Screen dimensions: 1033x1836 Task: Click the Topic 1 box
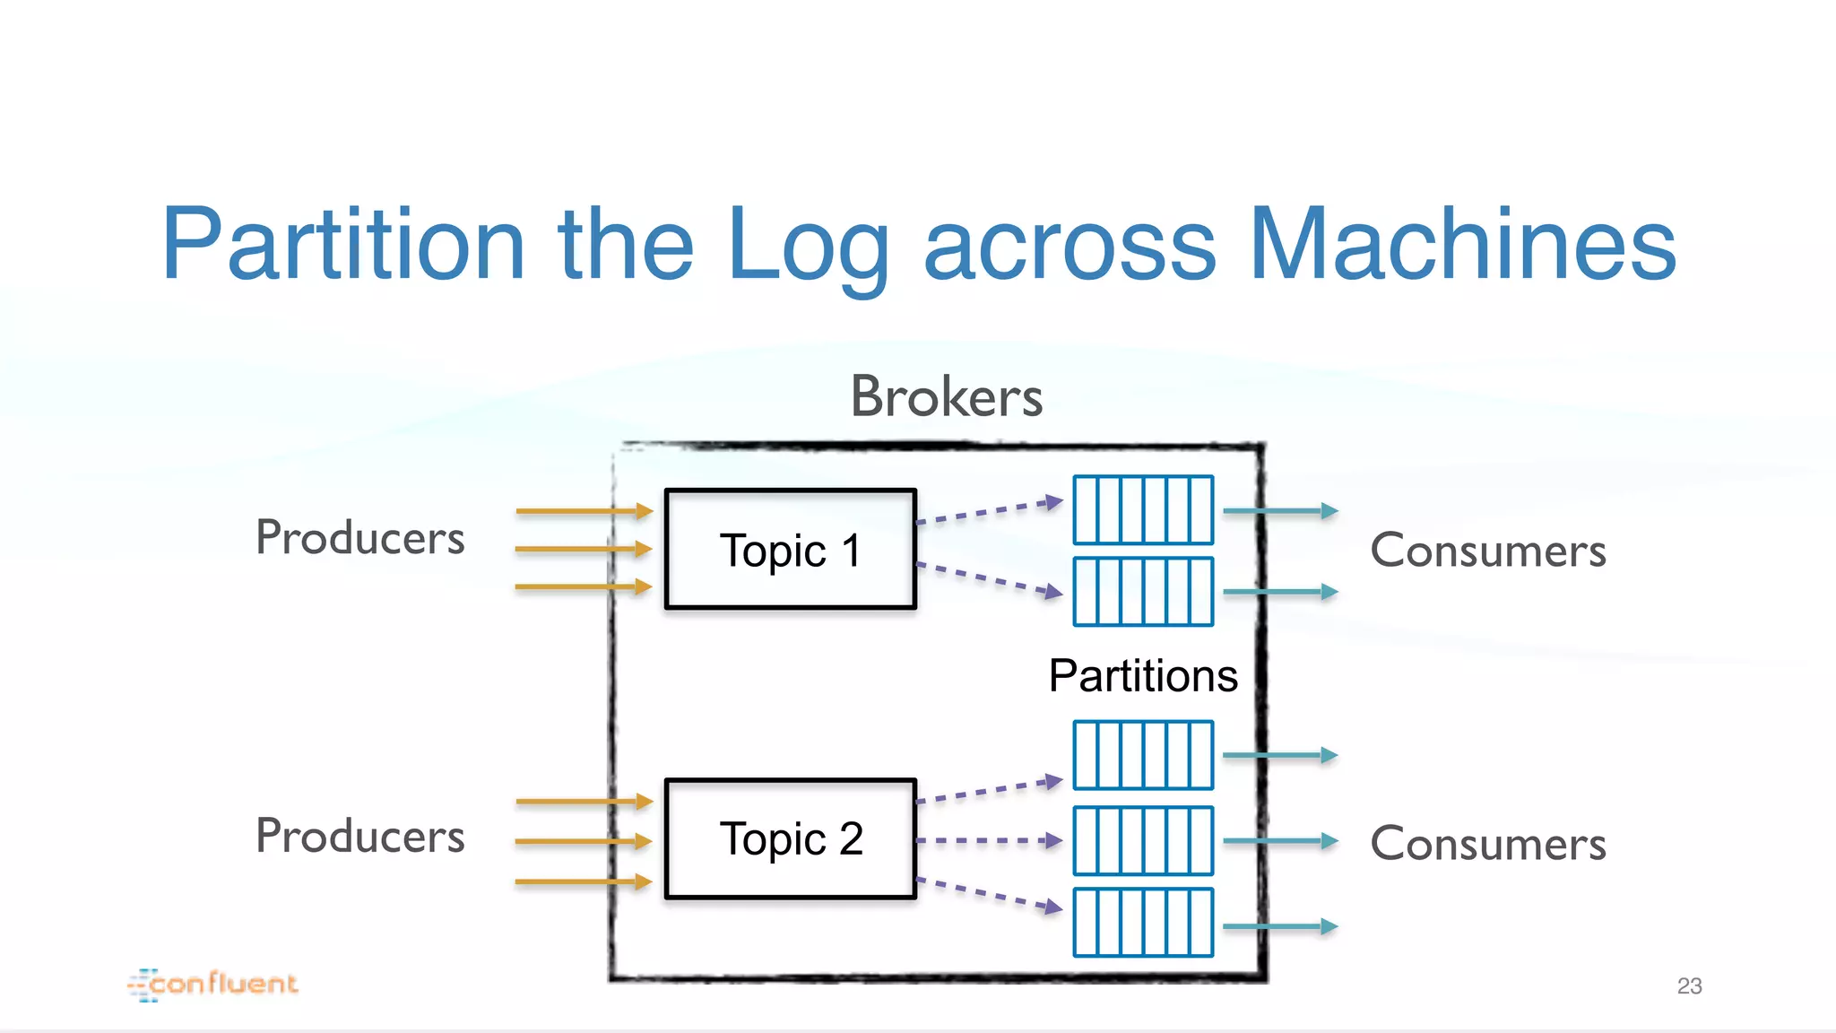pos(790,550)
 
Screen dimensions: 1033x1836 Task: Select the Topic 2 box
pos(790,839)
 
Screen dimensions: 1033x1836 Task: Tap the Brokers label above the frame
pos(946,396)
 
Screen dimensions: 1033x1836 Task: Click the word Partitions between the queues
pos(1143,675)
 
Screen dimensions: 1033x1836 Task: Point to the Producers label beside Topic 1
pos(359,538)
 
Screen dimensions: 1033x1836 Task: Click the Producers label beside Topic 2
pos(359,836)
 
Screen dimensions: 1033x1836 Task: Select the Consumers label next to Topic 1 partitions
pos(1488,550)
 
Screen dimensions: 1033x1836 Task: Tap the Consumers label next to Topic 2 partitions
pos(1488,843)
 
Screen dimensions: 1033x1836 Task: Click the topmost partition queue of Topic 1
pos(1143,510)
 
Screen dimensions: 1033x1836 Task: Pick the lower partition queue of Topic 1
pos(1143,592)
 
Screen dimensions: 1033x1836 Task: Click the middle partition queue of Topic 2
pos(1143,841)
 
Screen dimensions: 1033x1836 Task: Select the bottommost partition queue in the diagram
pos(1143,923)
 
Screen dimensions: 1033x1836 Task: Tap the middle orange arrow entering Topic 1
pos(583,548)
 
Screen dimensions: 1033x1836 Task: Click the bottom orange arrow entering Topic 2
pos(583,881)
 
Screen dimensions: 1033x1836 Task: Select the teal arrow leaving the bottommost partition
pos(1279,926)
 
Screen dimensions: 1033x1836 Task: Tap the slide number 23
pos(1689,985)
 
